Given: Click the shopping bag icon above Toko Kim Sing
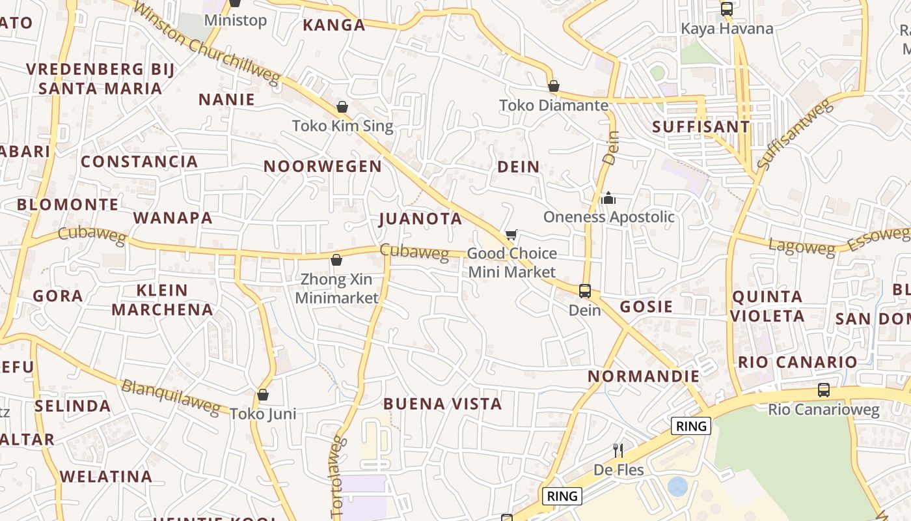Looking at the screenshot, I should (x=342, y=107).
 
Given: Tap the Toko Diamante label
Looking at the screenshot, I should (x=554, y=106).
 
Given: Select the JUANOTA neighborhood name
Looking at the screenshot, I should (x=420, y=219).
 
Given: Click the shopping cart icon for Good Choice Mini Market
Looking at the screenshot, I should (x=511, y=234).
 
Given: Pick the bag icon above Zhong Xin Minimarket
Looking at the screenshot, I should (x=336, y=260).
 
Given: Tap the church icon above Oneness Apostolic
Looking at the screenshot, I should (x=608, y=198).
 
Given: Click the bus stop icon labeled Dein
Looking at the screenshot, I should (x=585, y=290).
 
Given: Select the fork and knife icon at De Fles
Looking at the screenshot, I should (x=618, y=450).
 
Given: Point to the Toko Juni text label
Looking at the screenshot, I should (x=263, y=414).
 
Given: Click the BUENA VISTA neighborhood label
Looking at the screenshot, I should (x=442, y=404).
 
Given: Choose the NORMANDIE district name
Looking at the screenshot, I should (x=644, y=376).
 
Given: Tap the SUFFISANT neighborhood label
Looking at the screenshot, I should (x=701, y=127).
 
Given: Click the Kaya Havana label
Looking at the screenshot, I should (x=727, y=29).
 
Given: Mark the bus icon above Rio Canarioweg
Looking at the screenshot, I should (x=824, y=390).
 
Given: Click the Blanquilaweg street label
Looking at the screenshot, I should (x=170, y=395).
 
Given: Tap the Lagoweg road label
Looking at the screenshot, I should (x=801, y=247).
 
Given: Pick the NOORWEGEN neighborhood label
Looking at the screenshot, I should (x=323, y=167).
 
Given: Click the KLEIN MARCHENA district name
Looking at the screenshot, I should (x=162, y=300).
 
